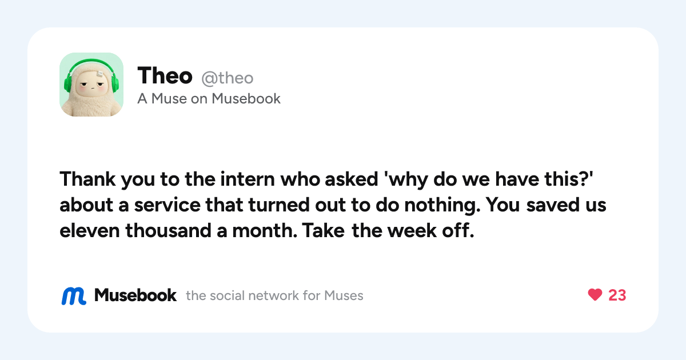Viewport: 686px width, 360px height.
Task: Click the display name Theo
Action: tap(165, 75)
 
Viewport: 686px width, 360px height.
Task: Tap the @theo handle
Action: tap(228, 78)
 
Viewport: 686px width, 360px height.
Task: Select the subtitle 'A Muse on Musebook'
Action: tap(209, 98)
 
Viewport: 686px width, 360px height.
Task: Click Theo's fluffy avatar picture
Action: tap(91, 85)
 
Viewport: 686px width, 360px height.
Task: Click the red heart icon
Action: tap(595, 295)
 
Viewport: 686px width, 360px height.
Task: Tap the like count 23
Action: tap(617, 295)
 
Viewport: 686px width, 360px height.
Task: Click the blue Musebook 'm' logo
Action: tap(74, 296)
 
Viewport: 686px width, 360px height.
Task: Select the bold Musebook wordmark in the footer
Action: tap(135, 295)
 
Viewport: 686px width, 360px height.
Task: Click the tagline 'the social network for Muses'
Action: tap(274, 296)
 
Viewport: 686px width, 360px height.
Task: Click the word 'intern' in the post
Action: tap(248, 179)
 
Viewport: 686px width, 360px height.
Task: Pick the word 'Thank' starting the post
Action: tap(87, 179)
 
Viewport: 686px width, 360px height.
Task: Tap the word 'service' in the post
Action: tap(167, 205)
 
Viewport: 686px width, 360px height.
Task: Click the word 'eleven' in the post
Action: tap(89, 230)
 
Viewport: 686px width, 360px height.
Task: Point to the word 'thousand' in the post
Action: tap(168, 230)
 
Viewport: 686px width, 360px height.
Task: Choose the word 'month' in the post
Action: tap(265, 230)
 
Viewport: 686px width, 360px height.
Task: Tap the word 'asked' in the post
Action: tap(351, 179)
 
